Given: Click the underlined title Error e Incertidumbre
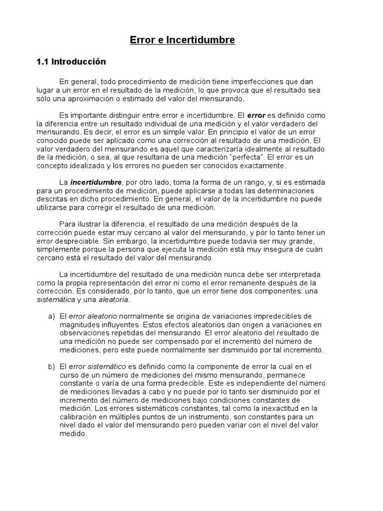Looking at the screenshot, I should click(x=183, y=40).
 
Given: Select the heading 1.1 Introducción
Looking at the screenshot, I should click(x=71, y=62).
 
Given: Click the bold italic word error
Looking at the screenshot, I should click(x=256, y=115).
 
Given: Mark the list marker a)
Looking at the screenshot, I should click(x=51, y=317).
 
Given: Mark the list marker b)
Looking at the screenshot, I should click(x=51, y=367).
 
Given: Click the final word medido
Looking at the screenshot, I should click(x=73, y=434).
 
